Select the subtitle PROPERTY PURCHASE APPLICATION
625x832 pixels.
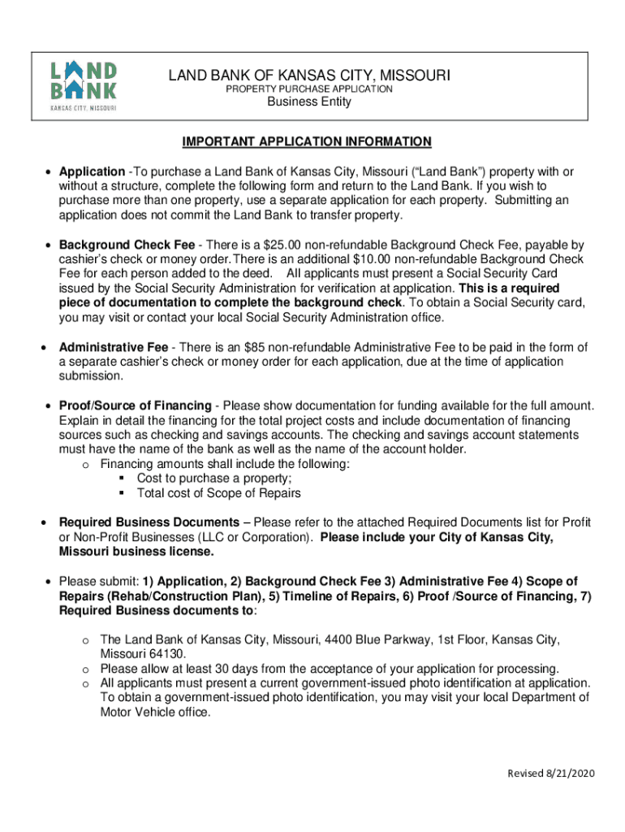pyautogui.click(x=308, y=89)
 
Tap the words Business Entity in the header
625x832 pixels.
pyautogui.click(x=309, y=102)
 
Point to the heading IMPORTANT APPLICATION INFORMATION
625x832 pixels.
pyautogui.click(x=307, y=142)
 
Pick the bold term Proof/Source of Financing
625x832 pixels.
pyautogui.click(x=135, y=405)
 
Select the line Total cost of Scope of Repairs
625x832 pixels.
pyautogui.click(x=218, y=493)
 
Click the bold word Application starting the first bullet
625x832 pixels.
pyautogui.click(x=91, y=171)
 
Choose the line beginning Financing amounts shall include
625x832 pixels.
pyautogui.click(x=225, y=464)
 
